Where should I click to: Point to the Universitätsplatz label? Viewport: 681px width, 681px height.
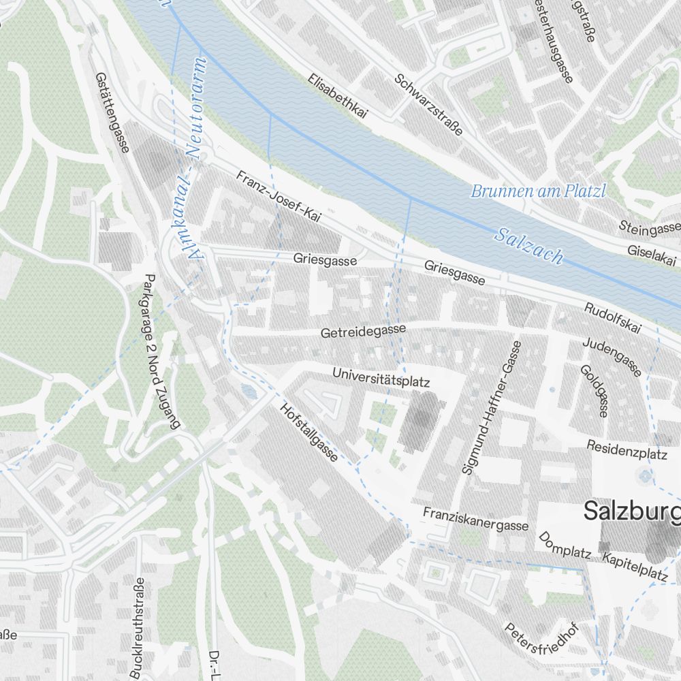pos(381,378)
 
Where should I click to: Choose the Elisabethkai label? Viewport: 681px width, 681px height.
pos(337,97)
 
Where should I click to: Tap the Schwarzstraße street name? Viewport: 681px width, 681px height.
pos(428,104)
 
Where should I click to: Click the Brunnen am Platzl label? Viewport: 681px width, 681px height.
pos(538,191)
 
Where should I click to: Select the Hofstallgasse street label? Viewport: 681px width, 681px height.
pos(309,432)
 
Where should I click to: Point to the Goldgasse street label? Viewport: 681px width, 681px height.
pos(593,390)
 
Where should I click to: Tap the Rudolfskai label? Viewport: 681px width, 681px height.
pos(612,317)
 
